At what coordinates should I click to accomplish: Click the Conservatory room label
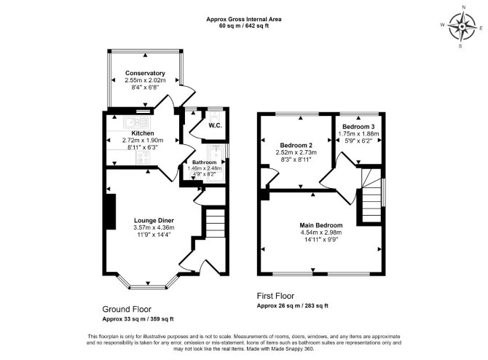click(x=145, y=73)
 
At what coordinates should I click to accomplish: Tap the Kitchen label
click(x=143, y=133)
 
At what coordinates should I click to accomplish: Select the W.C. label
click(x=215, y=126)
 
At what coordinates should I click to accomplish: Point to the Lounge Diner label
click(x=154, y=221)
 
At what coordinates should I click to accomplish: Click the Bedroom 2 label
click(x=296, y=145)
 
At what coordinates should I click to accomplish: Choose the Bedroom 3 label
click(x=358, y=127)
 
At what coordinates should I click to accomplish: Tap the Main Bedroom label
click(x=321, y=225)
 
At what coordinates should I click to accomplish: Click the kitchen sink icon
click(x=136, y=122)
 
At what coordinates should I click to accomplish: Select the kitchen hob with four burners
click(x=143, y=157)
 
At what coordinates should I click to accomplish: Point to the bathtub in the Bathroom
click(x=216, y=161)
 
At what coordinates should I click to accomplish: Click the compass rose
click(x=463, y=27)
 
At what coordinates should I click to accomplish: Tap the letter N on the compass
click(x=464, y=15)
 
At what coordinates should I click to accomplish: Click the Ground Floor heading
click(x=127, y=309)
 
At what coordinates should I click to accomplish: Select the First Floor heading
click(x=275, y=296)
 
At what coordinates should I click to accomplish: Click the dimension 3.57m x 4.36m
click(x=154, y=227)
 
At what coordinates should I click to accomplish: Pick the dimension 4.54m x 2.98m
click(x=321, y=232)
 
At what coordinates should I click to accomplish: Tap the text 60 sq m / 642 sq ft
click(x=244, y=26)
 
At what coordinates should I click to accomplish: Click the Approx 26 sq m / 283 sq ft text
click(x=293, y=306)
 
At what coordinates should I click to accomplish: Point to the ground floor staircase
click(x=216, y=223)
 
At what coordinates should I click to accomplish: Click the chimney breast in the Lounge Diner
click(x=111, y=212)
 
